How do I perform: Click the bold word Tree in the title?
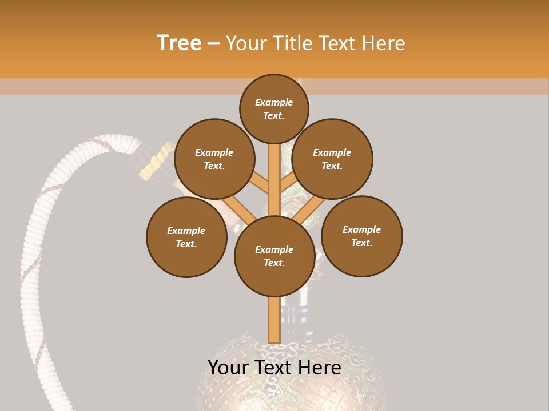click(179, 43)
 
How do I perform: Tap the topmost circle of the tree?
click(274, 108)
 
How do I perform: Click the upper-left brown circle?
click(214, 159)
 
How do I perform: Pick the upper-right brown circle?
click(332, 159)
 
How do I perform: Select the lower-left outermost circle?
click(186, 237)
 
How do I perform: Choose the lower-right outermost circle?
click(361, 236)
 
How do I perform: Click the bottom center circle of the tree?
click(274, 256)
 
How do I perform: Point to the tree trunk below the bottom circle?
click(274, 320)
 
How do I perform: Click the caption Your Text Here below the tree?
click(274, 368)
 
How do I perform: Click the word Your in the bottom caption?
click(227, 368)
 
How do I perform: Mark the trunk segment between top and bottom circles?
click(274, 177)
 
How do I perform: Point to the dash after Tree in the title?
click(213, 43)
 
